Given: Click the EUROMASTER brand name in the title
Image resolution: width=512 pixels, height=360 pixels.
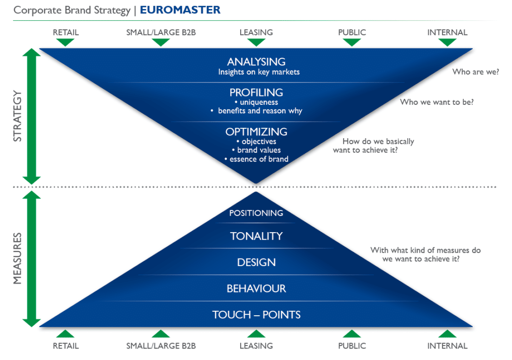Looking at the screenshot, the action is [x=180, y=10].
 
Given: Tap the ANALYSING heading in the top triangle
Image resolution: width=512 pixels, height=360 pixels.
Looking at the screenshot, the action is [x=256, y=62].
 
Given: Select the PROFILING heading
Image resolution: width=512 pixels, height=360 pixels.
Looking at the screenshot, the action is [x=256, y=92].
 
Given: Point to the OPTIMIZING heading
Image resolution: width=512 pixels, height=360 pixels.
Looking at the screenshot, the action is [x=256, y=132].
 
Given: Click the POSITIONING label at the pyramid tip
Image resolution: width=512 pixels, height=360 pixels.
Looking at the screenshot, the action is [x=256, y=213].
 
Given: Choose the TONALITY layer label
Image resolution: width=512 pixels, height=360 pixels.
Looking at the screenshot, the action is [x=256, y=236].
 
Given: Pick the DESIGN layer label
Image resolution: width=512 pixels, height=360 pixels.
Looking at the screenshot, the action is [x=256, y=263].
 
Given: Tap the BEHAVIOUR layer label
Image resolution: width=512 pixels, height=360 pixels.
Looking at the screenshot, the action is [x=256, y=288].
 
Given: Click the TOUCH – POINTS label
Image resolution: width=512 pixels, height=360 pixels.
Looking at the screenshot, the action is [x=256, y=315].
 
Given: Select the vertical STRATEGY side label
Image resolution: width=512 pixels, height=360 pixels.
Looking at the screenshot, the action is [x=17, y=116].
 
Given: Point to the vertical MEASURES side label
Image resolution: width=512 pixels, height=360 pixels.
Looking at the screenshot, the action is [x=17, y=259].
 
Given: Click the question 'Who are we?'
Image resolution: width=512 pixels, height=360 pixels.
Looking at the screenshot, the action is [x=475, y=72].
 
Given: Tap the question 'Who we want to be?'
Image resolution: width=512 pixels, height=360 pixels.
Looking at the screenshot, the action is [x=436, y=102].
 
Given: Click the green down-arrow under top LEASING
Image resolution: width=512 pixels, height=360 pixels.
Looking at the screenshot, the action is [x=256, y=42].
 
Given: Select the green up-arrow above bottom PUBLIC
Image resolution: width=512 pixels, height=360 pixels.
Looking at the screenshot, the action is [x=352, y=334].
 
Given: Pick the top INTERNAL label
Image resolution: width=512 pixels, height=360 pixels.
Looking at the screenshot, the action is [x=447, y=32].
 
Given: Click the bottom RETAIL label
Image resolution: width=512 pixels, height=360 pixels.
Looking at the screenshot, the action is [x=66, y=346].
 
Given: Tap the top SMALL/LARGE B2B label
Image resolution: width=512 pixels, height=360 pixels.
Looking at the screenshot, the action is [x=161, y=32].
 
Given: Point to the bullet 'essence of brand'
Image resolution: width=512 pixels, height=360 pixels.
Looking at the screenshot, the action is [x=256, y=159].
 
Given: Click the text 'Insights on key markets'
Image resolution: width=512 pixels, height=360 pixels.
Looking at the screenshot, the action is [x=259, y=72].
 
